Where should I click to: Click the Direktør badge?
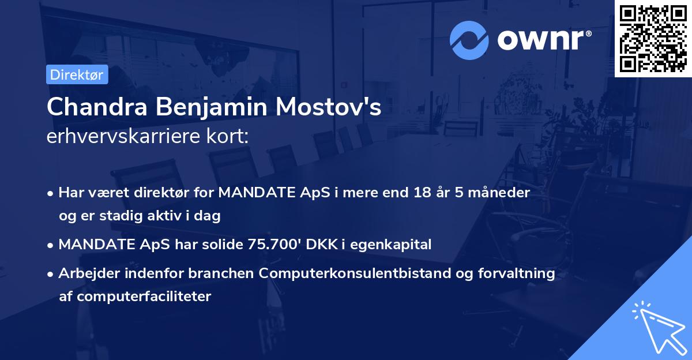click(x=77, y=74)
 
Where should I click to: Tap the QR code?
click(x=653, y=39)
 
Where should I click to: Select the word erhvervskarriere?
click(x=118, y=137)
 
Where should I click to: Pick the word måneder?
click(x=502, y=192)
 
